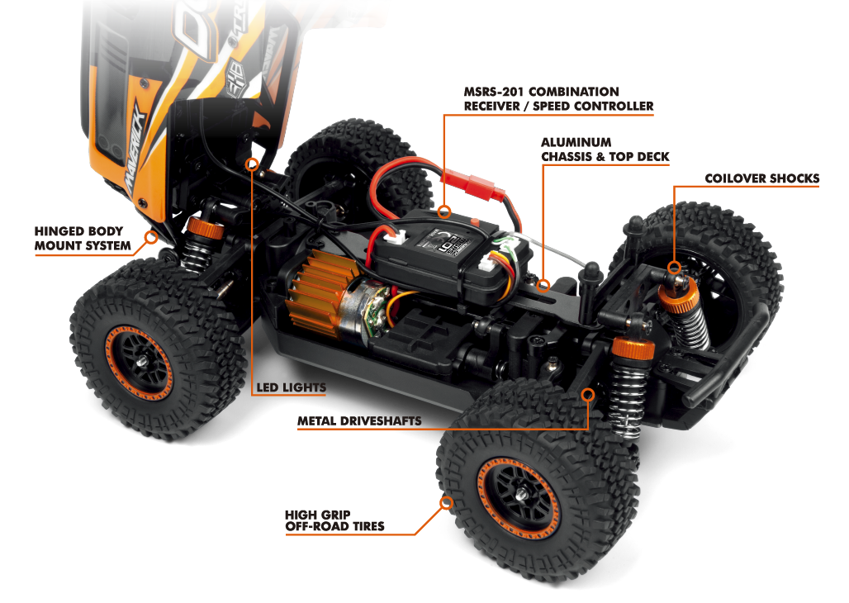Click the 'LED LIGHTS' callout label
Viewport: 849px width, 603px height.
coord(292,387)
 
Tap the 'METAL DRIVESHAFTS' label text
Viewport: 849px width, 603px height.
coord(359,421)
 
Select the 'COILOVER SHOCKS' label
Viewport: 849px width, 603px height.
coord(761,178)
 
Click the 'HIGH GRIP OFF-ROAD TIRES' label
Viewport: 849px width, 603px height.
coord(334,520)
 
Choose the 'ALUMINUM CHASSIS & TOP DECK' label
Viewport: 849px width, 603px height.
coord(605,150)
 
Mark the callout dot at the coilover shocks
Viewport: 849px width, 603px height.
coord(675,267)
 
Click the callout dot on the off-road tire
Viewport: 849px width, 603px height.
coord(447,501)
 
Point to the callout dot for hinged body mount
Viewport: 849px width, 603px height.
coord(151,238)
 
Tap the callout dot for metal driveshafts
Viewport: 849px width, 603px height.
coord(589,395)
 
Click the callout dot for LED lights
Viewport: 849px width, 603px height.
coord(253,164)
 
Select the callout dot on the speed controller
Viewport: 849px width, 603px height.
coord(444,211)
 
